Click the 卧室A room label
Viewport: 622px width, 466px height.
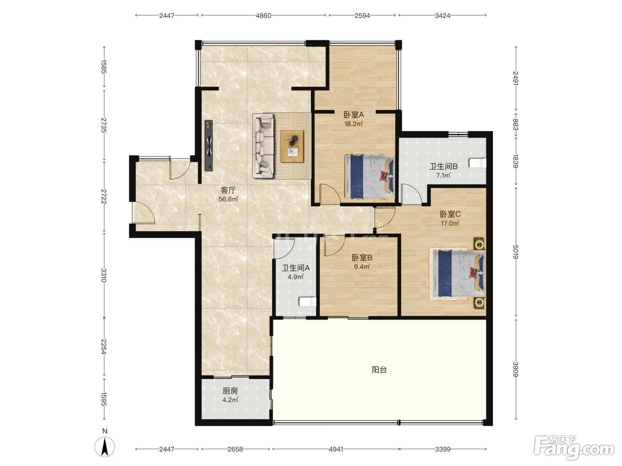point(354,115)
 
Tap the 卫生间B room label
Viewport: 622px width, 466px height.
point(443,166)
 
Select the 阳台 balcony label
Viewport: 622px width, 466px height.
point(379,370)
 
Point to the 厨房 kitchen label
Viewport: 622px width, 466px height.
point(230,391)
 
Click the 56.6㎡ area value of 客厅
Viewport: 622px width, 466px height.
point(228,199)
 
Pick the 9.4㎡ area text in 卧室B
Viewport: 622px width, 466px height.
point(362,267)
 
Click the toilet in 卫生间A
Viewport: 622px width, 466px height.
point(307,302)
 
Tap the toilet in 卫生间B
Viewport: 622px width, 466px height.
point(478,163)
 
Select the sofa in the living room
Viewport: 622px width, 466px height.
point(263,146)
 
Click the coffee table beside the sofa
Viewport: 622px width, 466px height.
point(292,146)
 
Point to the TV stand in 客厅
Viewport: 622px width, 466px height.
point(209,146)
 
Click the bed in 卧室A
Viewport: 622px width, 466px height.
point(370,177)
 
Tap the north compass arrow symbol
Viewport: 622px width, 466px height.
point(104,447)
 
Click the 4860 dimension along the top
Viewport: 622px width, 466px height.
point(263,16)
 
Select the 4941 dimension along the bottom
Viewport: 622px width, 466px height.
point(336,449)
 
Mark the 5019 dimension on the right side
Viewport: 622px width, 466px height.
point(515,252)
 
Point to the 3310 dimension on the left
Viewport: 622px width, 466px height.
point(104,275)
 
